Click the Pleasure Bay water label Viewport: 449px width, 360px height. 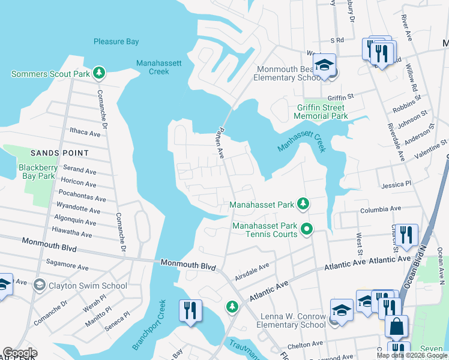coord(116,41)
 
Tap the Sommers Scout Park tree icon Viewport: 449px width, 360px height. coord(100,74)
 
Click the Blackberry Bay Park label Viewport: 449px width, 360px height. coord(37,172)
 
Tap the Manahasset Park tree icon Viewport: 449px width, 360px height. coord(304,205)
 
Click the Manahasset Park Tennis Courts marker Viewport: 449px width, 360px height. coord(307,229)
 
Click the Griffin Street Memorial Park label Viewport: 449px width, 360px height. coord(322,112)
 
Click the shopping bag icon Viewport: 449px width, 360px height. coord(396,327)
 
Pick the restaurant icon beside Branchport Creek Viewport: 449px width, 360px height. coord(190,311)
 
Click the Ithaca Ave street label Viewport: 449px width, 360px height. coord(85,133)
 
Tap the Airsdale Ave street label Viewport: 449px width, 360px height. coord(252,268)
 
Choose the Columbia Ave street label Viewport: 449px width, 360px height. coord(380,209)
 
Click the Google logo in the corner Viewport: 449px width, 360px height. coord(19,353)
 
